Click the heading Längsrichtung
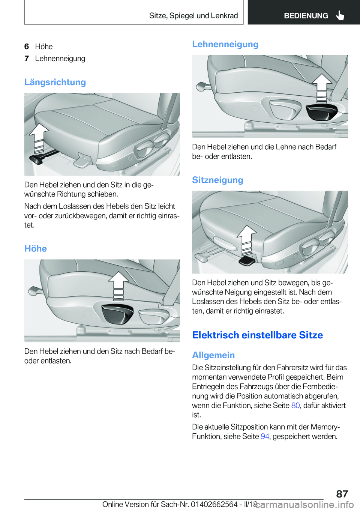click(x=55, y=82)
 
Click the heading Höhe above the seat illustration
click(x=36, y=249)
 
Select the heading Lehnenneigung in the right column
click(x=225, y=44)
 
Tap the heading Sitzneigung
click(x=217, y=180)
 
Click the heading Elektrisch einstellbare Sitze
click(x=257, y=335)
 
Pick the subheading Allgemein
click(x=213, y=355)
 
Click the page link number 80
click(x=295, y=406)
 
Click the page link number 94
click(x=265, y=436)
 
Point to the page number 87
click(x=342, y=494)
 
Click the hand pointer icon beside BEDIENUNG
click(x=340, y=16)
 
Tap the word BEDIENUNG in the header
click(x=306, y=16)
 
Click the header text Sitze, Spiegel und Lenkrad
click(x=193, y=16)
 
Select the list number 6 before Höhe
click(x=27, y=47)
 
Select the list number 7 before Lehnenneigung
click(x=27, y=59)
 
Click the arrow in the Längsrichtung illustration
click(x=39, y=137)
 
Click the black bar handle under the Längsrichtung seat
click(x=37, y=159)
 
